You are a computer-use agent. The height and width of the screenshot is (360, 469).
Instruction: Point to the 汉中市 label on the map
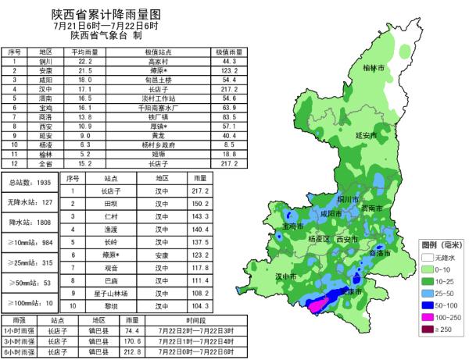[x=287, y=276]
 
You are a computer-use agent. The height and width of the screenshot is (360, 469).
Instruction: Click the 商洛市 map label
[x=378, y=253]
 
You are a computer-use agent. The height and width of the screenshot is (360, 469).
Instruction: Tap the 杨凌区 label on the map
[x=320, y=238]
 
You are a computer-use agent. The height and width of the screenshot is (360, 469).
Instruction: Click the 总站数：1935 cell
[x=29, y=182]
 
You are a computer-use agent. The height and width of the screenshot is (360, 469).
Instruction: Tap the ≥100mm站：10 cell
[x=29, y=302]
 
